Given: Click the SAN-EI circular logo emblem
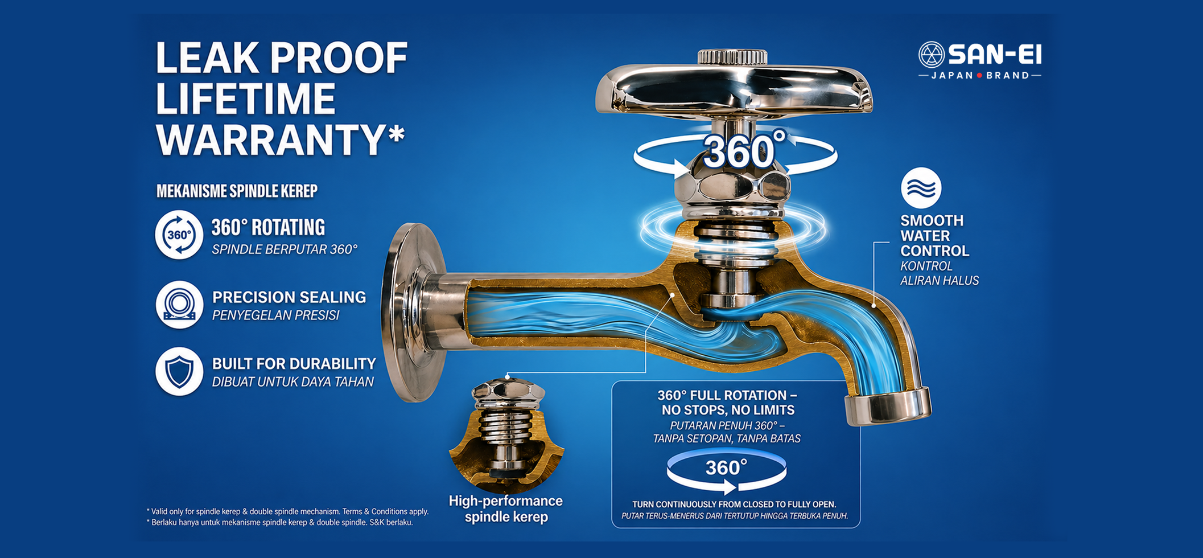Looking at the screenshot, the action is pyautogui.click(x=932, y=55).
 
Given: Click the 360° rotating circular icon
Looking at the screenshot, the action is pyautogui.click(x=179, y=235).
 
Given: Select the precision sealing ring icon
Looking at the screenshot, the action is pyautogui.click(x=179, y=305).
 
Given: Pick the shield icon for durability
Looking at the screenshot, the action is pyautogui.click(x=179, y=372).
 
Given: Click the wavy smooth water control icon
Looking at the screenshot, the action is pyautogui.click(x=921, y=188).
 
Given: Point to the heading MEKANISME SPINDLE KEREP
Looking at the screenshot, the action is pyautogui.click(x=237, y=191).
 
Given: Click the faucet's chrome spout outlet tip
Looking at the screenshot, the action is pyautogui.click(x=888, y=405).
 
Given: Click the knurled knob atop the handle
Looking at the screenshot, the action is pyautogui.click(x=732, y=57).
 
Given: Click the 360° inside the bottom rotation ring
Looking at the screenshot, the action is pyautogui.click(x=726, y=468).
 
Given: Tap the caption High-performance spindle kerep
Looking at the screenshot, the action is pyautogui.click(x=506, y=509).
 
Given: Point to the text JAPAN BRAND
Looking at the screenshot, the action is pyautogui.click(x=980, y=75).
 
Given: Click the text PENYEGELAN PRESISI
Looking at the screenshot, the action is pyautogui.click(x=276, y=315).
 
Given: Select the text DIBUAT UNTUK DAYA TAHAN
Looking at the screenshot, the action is pyautogui.click(x=293, y=382).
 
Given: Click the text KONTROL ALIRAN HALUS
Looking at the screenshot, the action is pyautogui.click(x=940, y=273).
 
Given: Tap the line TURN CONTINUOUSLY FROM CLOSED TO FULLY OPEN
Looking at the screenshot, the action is pyautogui.click(x=734, y=504).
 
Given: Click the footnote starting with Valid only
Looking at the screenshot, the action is pyautogui.click(x=287, y=511).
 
